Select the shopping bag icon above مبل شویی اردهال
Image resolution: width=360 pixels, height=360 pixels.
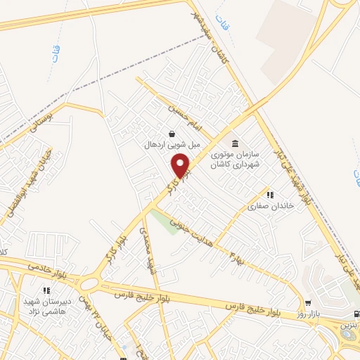(172, 134)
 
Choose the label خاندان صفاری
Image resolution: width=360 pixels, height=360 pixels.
(268, 207)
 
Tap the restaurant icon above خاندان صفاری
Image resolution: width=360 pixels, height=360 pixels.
(269, 195)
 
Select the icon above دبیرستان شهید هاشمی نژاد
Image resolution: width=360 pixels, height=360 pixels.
(46, 290)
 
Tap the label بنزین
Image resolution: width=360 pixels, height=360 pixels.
(349, 326)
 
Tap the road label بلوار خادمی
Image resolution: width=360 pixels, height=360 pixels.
(49, 269)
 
